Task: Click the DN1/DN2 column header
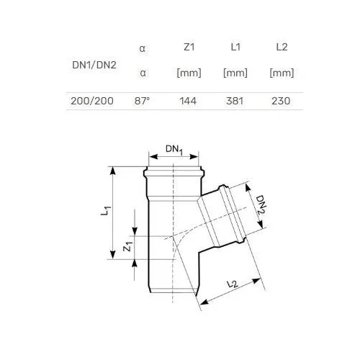click(x=94, y=65)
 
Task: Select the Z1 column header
click(x=189, y=47)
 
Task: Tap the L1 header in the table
click(x=235, y=47)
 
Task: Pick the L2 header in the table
click(x=282, y=47)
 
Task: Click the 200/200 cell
click(x=92, y=101)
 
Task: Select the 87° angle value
click(x=142, y=101)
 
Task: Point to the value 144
click(x=188, y=101)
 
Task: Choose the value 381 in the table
click(x=235, y=101)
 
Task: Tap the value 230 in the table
click(x=281, y=101)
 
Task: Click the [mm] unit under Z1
click(x=189, y=73)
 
